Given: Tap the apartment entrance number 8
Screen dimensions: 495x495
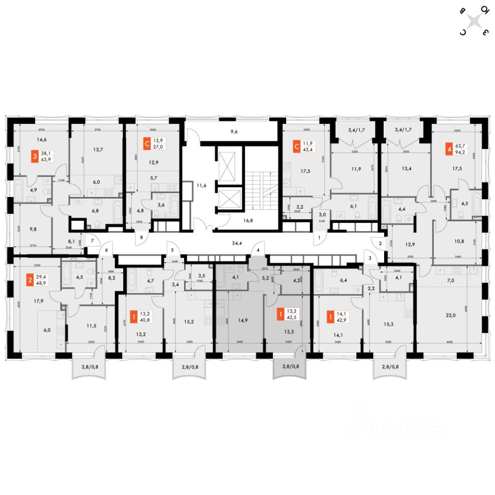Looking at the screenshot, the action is tap(141, 238).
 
